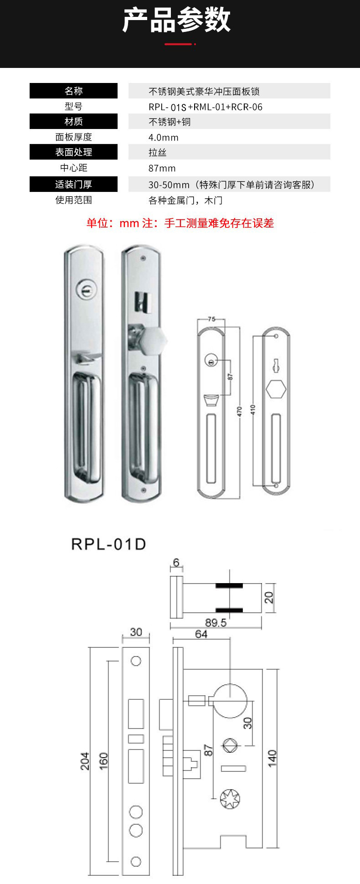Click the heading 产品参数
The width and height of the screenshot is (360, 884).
[x=177, y=21]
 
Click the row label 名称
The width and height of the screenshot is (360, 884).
[x=73, y=91]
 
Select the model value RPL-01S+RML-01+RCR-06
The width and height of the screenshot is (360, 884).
[x=206, y=107]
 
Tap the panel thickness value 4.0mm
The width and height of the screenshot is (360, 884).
[x=164, y=138]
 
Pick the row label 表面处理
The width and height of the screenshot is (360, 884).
[x=73, y=152]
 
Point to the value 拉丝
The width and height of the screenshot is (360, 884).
[x=158, y=153]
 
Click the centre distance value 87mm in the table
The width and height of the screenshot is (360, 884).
[x=162, y=168]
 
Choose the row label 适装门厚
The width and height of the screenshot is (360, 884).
[x=73, y=184]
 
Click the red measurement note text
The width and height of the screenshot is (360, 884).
[x=180, y=223]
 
